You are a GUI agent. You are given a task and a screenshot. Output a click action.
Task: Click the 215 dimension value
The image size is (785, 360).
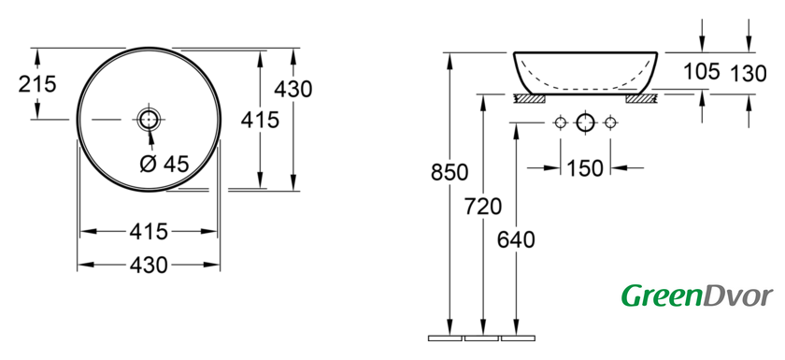pyautogui.click(x=37, y=83)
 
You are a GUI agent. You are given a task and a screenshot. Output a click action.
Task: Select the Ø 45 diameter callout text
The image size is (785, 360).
pyautogui.click(x=164, y=164)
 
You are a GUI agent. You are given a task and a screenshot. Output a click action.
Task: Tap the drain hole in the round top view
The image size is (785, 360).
pyautogui.click(x=149, y=120)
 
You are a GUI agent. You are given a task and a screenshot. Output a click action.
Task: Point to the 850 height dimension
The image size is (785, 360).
pyautogui.click(x=450, y=172)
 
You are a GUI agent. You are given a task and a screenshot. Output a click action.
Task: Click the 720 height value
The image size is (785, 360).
pyautogui.click(x=483, y=207)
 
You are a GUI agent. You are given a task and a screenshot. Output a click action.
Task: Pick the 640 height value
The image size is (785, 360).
pyautogui.click(x=516, y=239)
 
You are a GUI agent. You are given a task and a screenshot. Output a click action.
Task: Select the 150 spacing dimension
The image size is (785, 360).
pyautogui.click(x=585, y=168)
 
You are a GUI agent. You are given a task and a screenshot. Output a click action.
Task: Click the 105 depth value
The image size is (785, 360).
pyautogui.click(x=702, y=71)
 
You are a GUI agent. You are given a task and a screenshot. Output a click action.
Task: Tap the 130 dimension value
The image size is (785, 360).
pyautogui.click(x=748, y=74)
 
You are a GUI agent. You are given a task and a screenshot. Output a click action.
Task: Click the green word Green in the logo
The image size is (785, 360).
pyautogui.click(x=661, y=295)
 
